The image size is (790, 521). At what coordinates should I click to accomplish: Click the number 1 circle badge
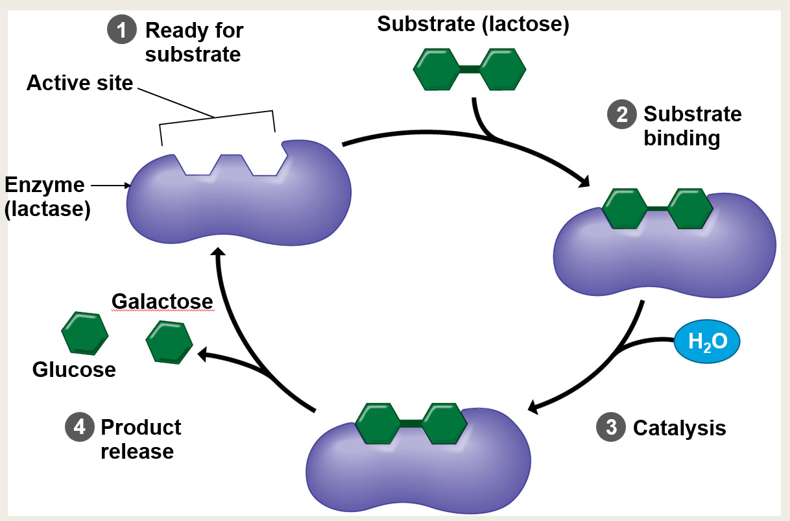[x=122, y=30]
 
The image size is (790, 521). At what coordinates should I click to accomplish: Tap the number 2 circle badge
[x=621, y=115]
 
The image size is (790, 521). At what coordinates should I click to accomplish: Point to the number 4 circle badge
[x=78, y=428]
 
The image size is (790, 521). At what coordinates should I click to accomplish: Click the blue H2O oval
[x=706, y=342]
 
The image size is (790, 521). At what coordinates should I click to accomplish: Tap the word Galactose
[x=162, y=302]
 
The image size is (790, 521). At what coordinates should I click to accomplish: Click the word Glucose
[x=74, y=370]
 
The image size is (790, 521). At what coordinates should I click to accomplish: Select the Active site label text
[x=80, y=83]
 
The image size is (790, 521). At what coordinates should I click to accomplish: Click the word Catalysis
[x=679, y=428]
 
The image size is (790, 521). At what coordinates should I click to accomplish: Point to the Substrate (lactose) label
[x=473, y=25]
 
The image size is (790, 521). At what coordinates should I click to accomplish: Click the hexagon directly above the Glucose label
[x=84, y=333]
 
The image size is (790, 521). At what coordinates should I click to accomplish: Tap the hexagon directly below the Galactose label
[x=169, y=341]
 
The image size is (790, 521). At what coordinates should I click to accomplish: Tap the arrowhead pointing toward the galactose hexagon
[x=203, y=354]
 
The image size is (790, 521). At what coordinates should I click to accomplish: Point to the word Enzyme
[x=44, y=185]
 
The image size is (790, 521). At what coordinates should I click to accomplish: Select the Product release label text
[x=140, y=439]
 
